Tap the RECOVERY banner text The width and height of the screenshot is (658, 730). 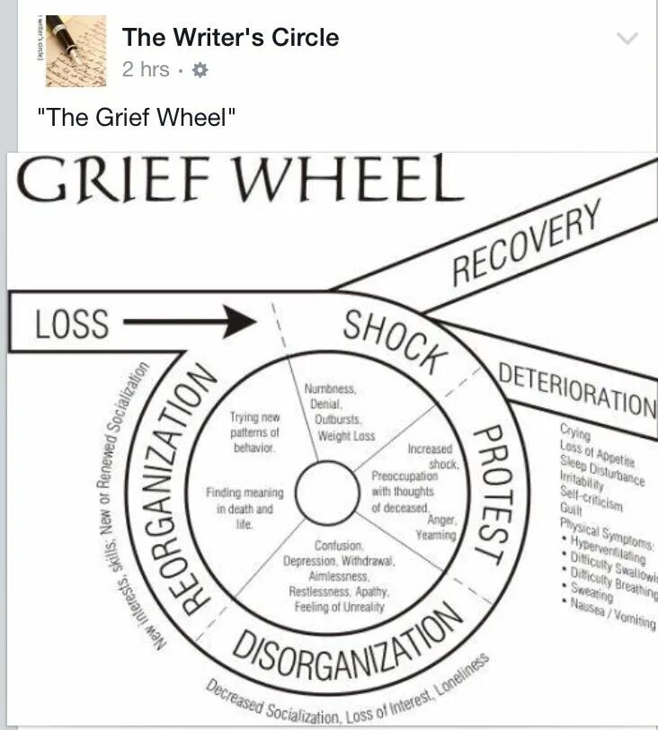(x=527, y=242)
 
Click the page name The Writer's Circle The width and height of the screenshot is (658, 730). (x=230, y=38)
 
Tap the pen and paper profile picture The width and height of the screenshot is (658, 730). (x=76, y=51)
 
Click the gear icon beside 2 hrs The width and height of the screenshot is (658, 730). (x=200, y=69)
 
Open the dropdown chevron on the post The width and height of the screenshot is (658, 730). (x=627, y=39)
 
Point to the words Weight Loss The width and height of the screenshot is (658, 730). (x=345, y=436)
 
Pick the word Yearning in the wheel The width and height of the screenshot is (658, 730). (x=436, y=535)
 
